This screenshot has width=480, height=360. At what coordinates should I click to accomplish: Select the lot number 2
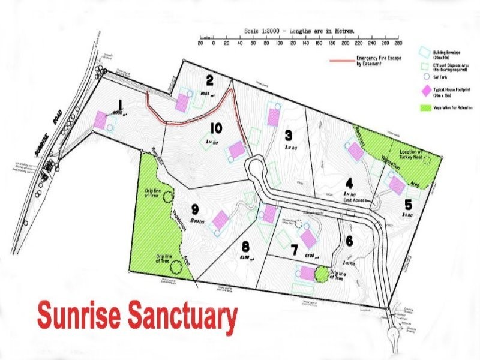click(210, 80)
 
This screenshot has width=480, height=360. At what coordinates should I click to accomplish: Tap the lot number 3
click(289, 134)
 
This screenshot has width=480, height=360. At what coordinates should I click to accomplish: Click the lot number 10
click(216, 128)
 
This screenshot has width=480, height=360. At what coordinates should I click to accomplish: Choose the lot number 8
click(245, 246)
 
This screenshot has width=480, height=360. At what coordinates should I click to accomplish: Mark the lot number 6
click(350, 240)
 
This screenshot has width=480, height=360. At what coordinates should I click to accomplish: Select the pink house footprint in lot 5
click(396, 184)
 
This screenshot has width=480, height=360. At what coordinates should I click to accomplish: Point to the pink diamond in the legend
click(425, 91)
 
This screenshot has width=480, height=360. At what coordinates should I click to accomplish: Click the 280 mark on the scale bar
click(398, 43)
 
